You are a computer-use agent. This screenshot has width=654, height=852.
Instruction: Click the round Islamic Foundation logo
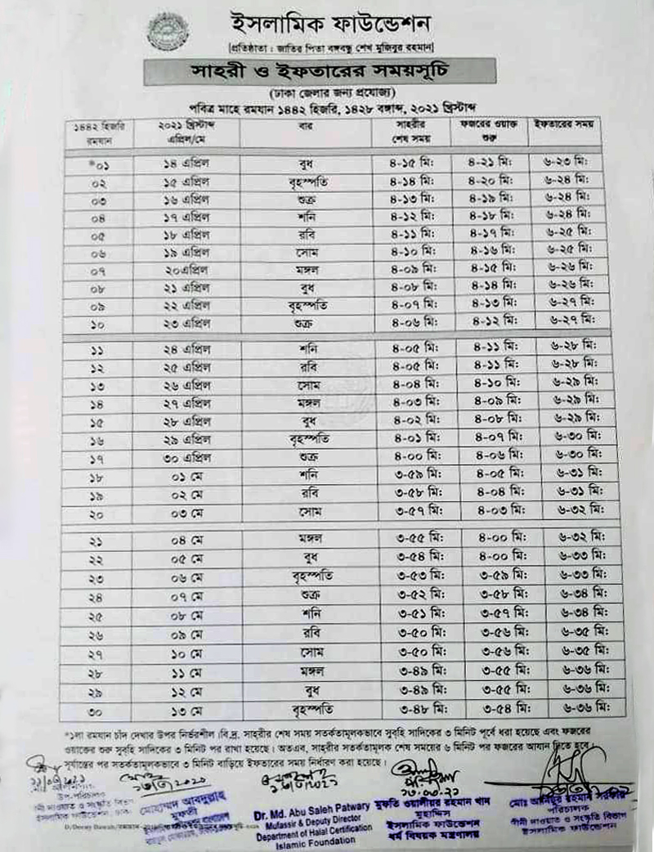[167, 31]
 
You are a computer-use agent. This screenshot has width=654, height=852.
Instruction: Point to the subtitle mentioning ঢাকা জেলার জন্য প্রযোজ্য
[320, 92]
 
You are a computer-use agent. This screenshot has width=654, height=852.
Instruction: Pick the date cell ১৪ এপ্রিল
[187, 164]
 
